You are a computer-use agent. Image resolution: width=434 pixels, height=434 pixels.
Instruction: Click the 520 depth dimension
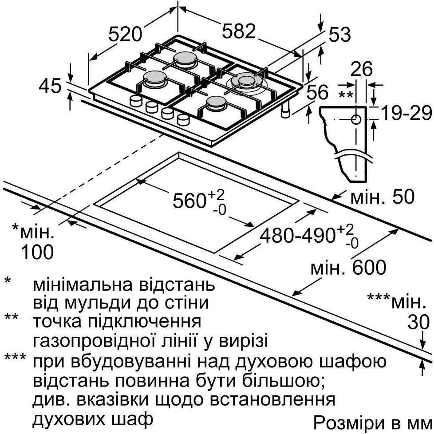[126, 34]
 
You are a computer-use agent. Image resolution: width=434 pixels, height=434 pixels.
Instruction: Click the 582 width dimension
[239, 31]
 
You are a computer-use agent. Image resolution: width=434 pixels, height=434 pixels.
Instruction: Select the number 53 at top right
[339, 35]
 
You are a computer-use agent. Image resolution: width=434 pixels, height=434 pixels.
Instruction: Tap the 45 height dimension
[50, 86]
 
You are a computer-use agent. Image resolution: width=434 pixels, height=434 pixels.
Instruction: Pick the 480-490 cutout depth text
[298, 236]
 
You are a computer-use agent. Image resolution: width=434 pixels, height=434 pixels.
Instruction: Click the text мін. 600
[348, 268]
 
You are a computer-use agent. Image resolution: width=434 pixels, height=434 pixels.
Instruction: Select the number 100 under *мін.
[37, 252]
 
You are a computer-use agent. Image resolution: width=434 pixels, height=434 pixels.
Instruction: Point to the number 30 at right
[418, 321]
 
